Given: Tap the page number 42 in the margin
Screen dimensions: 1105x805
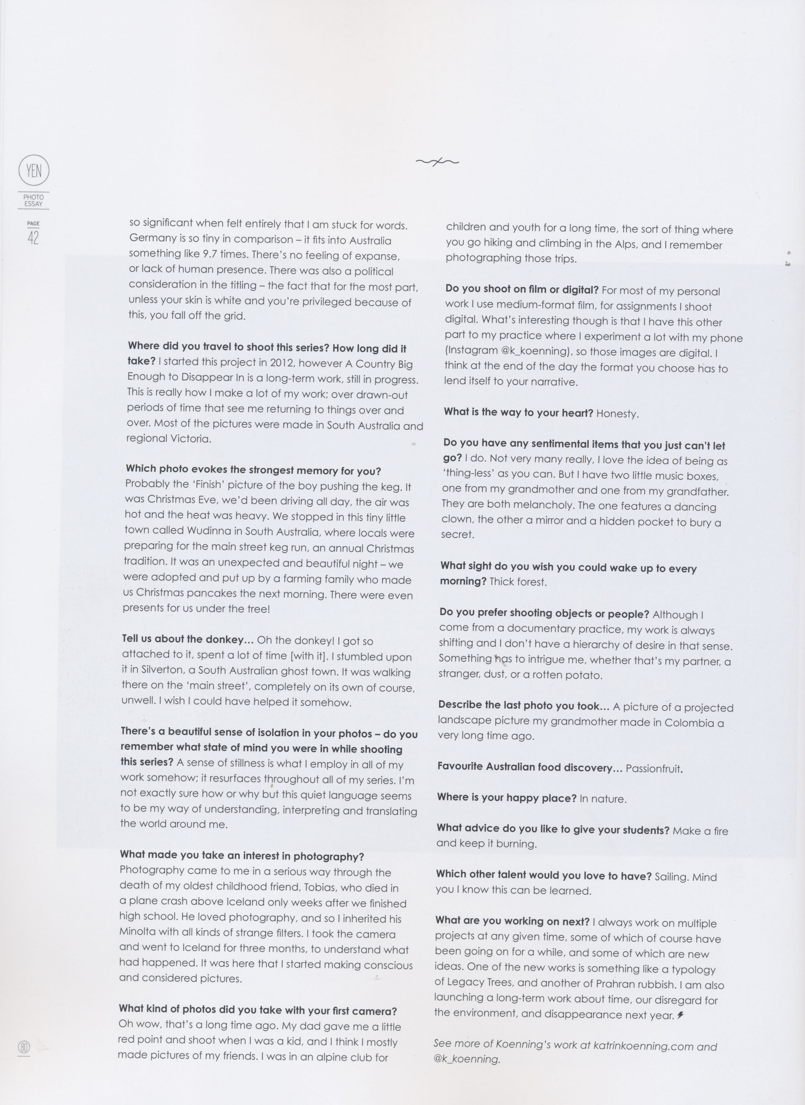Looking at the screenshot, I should tap(33, 238).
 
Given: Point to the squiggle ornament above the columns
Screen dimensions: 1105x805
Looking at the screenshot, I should tap(437, 161).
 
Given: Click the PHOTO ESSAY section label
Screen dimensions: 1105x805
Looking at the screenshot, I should tap(34, 200).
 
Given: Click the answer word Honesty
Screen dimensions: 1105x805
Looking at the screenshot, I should tap(617, 414).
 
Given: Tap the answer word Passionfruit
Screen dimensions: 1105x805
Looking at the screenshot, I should tap(654, 768).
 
